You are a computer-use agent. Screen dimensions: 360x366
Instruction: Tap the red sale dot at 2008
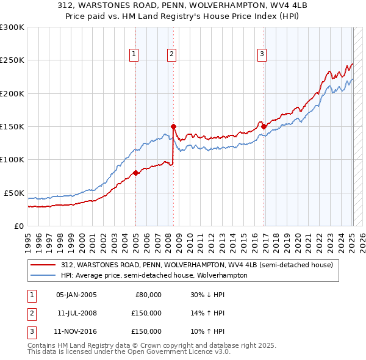(173, 126)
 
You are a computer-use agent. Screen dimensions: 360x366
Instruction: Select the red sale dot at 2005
(135, 173)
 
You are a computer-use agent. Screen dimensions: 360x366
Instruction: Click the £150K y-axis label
(12, 126)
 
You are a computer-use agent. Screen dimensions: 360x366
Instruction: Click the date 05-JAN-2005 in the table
(76, 295)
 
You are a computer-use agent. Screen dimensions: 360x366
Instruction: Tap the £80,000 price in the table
(148, 295)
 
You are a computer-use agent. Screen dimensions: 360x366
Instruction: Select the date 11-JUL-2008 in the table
(76, 313)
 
